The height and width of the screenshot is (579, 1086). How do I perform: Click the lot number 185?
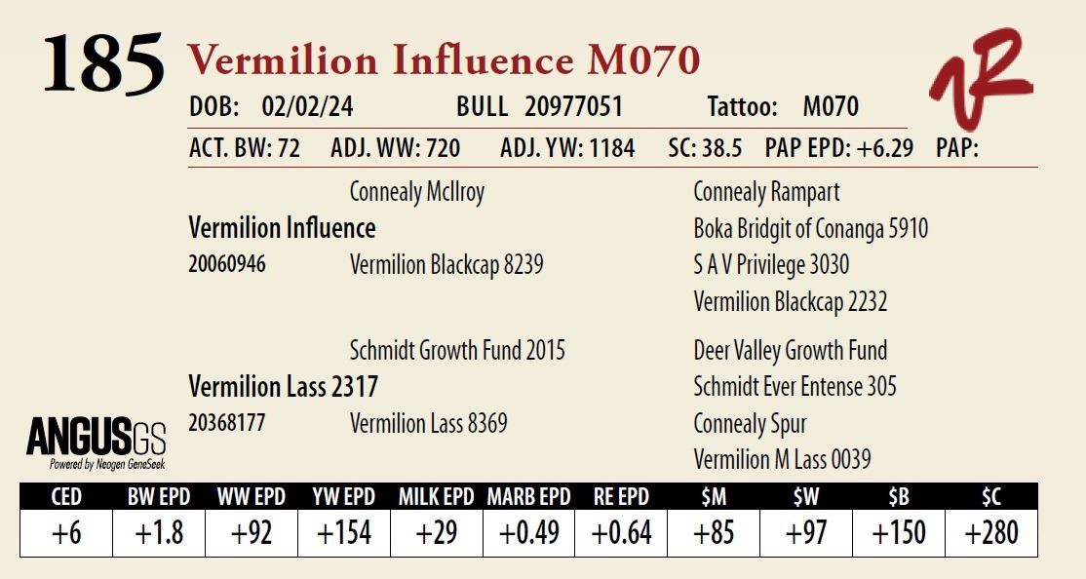pos(102,63)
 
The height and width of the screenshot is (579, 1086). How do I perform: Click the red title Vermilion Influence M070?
pos(444,60)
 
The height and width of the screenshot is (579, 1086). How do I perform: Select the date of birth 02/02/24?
pos(307,106)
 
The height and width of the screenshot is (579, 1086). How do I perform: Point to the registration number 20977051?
pos(573,106)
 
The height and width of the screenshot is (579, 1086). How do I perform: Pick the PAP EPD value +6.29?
pos(881,148)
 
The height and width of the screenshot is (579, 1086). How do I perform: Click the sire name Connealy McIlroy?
pos(417,192)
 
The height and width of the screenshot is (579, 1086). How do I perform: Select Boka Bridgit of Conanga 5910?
pos(810,229)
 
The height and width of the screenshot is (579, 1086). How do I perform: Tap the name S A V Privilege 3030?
pos(771,265)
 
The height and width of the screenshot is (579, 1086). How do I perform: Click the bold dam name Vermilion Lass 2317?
pos(283,387)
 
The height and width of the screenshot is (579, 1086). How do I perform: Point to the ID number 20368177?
pos(226,424)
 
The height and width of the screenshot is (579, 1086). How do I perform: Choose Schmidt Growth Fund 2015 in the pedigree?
pos(457,351)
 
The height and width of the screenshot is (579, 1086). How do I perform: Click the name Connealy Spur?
pos(750,424)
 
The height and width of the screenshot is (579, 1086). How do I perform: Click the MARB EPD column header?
pos(528,497)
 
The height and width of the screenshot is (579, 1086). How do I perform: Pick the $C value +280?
pos(991,533)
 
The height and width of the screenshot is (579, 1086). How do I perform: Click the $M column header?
pos(714,497)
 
